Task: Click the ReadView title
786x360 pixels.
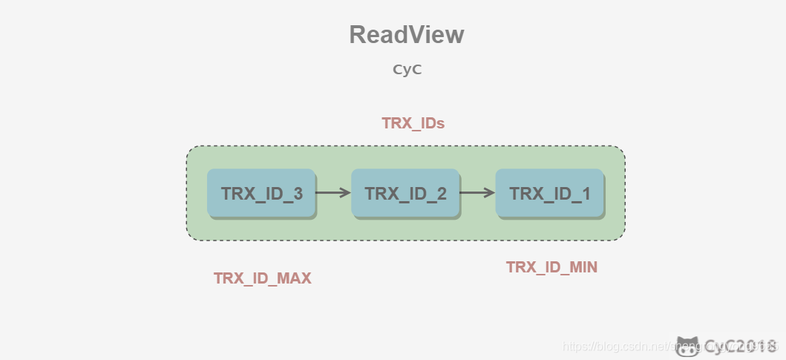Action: pyautogui.click(x=407, y=35)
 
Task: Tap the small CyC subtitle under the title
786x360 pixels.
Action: pyautogui.click(x=407, y=70)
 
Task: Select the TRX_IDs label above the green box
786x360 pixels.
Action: pyautogui.click(x=413, y=123)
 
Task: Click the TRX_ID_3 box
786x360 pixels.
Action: pyautogui.click(x=261, y=193)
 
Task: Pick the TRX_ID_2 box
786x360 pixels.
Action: pyautogui.click(x=405, y=193)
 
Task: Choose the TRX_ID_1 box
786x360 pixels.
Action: pyautogui.click(x=549, y=193)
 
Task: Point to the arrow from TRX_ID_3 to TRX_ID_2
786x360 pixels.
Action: pyautogui.click(x=333, y=193)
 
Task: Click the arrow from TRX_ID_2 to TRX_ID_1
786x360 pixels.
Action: pyautogui.click(x=477, y=193)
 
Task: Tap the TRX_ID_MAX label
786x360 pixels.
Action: pyautogui.click(x=263, y=278)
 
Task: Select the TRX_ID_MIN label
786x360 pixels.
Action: pyautogui.click(x=551, y=266)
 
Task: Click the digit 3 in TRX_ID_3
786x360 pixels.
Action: pyautogui.click(x=298, y=194)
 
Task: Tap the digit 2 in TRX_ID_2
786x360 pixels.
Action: pyautogui.click(x=442, y=194)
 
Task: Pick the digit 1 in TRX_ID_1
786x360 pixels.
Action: pyautogui.click(x=586, y=194)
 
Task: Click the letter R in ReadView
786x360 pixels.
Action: pyautogui.click(x=358, y=35)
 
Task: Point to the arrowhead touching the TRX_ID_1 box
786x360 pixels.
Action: pyautogui.click(x=490, y=193)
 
